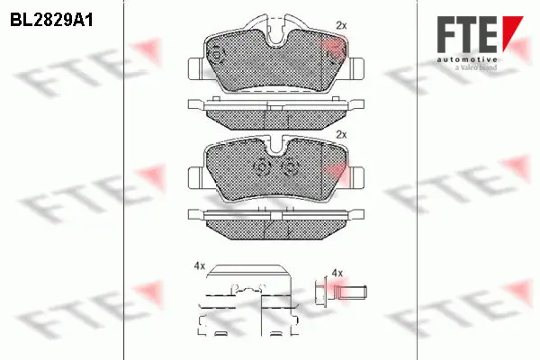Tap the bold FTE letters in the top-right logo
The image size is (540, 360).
pyautogui.click(x=467, y=35)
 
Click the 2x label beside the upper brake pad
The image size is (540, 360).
pyautogui.click(x=340, y=24)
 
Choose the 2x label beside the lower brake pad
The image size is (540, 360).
pyautogui.click(x=340, y=134)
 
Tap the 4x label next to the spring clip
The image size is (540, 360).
pyautogui.click(x=199, y=266)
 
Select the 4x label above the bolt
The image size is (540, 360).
pyautogui.click(x=337, y=271)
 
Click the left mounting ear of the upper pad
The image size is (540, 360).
pyautogui.click(x=195, y=67)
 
